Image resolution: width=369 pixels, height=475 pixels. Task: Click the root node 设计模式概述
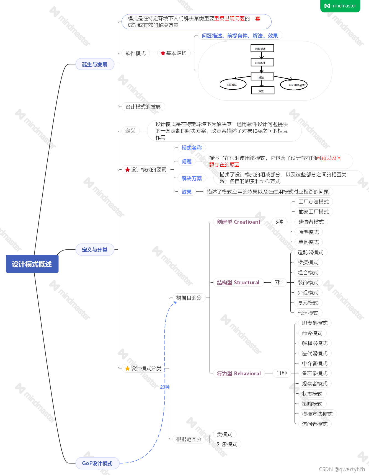32,264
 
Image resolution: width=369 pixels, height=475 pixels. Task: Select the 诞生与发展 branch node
95,64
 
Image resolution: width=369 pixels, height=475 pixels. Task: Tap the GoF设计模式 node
97,463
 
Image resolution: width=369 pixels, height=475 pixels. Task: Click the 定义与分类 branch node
95,250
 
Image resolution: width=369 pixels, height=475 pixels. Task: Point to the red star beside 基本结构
163,53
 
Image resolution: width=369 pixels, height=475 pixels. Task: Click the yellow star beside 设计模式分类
127,368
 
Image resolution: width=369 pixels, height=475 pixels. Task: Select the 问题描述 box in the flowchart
262,48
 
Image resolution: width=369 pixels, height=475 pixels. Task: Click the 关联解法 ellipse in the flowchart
233,84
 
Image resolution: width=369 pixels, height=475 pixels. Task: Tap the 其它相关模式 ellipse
294,85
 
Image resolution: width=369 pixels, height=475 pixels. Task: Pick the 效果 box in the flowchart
262,91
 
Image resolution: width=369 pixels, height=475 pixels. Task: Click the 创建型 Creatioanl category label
238,222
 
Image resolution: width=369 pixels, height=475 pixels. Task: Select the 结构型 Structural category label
238,282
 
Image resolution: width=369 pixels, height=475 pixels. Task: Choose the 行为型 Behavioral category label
239,373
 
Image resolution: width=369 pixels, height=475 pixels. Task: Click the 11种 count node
281,373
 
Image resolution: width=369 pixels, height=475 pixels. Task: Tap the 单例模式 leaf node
308,242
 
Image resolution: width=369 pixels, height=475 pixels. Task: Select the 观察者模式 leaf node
314,384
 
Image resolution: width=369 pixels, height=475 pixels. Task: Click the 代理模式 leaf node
308,313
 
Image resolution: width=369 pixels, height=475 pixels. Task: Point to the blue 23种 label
165,387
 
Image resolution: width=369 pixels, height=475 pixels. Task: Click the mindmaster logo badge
340,6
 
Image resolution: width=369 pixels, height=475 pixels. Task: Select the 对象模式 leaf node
227,444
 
